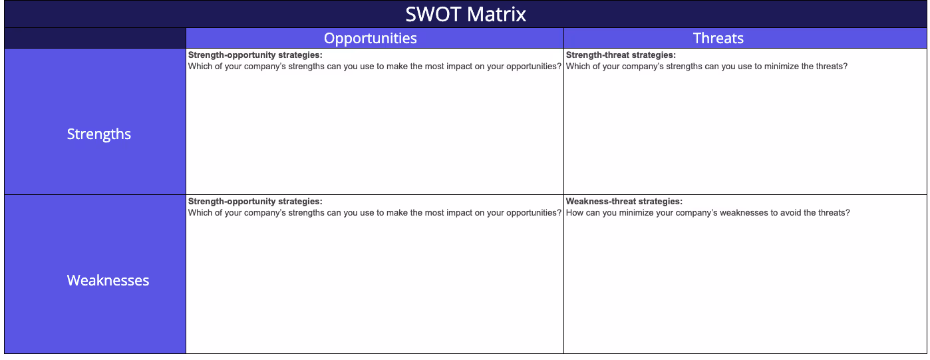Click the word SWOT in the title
[x=430, y=14]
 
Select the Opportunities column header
[x=371, y=38]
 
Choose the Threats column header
[x=718, y=38]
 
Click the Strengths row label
[x=99, y=134]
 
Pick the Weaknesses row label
[x=108, y=280]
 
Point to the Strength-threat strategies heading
[x=621, y=55]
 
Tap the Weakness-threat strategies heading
[x=624, y=201]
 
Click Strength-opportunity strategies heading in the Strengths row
[x=255, y=55]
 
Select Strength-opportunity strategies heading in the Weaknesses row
[x=255, y=201]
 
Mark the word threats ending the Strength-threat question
[x=832, y=67]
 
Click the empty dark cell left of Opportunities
[x=95, y=38]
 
